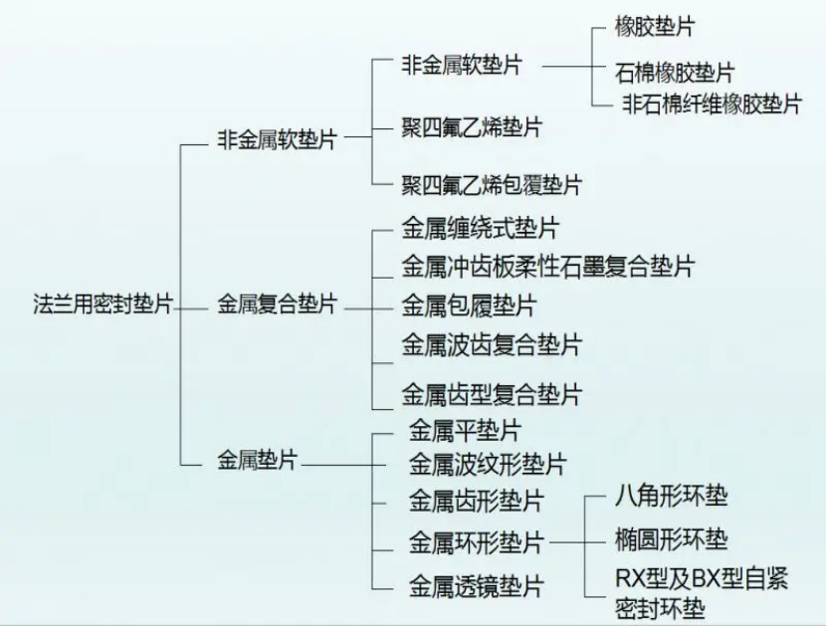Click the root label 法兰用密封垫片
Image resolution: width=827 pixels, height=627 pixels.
[x=103, y=305]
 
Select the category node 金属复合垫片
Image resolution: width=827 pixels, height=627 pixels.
[x=278, y=305]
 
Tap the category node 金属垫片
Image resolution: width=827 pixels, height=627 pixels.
[x=258, y=461]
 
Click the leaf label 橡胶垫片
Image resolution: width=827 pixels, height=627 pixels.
[x=655, y=26]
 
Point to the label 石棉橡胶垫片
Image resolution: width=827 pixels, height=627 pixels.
[x=675, y=73]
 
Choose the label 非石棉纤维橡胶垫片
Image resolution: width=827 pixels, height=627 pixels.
[x=712, y=104]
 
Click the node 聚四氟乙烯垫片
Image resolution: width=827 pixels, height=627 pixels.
[x=472, y=127]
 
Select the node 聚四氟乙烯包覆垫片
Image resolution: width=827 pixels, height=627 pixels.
[x=492, y=185]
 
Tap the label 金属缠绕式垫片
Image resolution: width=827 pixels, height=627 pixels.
[x=481, y=228]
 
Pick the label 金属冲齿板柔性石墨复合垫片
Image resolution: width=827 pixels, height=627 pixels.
[x=548, y=267]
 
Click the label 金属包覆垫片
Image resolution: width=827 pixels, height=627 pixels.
[x=469, y=306]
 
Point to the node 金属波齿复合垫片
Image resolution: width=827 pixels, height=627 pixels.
[x=492, y=345]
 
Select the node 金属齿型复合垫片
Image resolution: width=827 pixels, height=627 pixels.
[x=492, y=394]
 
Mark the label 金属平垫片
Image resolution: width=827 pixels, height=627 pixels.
[x=465, y=430]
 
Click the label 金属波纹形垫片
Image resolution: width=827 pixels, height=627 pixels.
[x=488, y=465]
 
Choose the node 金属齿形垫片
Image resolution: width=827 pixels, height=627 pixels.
[x=477, y=501]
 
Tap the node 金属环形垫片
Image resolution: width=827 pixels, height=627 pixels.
[x=477, y=542]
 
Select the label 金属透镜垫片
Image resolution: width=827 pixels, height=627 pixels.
[x=477, y=586]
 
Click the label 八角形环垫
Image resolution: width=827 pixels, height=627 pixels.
[x=672, y=497]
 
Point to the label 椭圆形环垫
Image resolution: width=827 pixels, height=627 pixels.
[x=672, y=539]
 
